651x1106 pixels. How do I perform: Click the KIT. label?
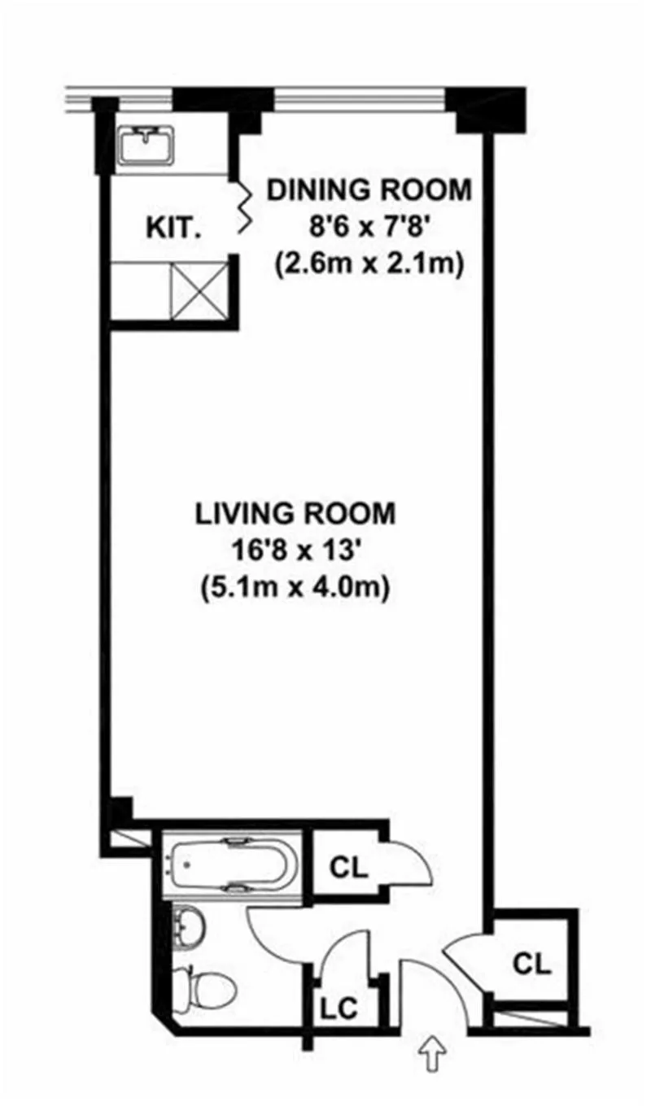pyautogui.click(x=173, y=228)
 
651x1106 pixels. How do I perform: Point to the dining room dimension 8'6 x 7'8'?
pyautogui.click(x=369, y=228)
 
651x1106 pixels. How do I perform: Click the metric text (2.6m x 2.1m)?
pyautogui.click(x=369, y=265)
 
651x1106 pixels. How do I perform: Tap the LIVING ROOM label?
pyautogui.click(x=295, y=514)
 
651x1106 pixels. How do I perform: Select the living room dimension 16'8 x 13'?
pyautogui.click(x=295, y=551)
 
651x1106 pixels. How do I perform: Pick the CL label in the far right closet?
pyautogui.click(x=532, y=964)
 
